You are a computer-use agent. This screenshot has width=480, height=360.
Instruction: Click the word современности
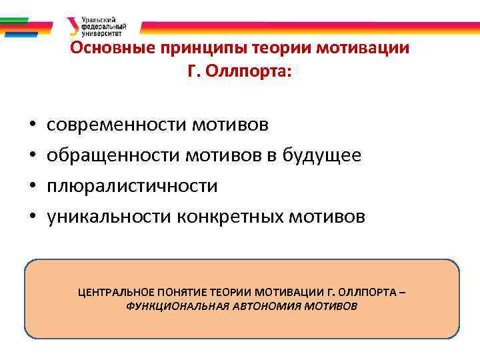(x=117, y=125)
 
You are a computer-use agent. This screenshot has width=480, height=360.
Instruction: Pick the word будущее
(x=323, y=155)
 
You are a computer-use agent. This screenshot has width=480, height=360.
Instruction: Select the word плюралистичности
(x=132, y=186)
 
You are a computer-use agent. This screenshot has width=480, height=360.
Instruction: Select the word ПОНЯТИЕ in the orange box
(x=181, y=292)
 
